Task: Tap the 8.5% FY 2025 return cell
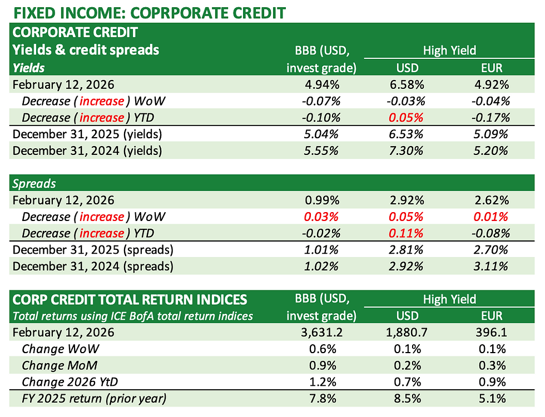coord(409,399)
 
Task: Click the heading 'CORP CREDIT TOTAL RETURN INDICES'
coord(130,300)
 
